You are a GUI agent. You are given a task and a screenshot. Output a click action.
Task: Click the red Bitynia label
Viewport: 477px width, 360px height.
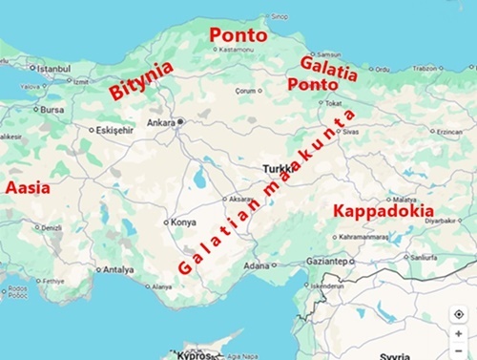point(141,81)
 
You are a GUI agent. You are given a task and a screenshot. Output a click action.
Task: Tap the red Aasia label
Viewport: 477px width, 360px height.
point(28,188)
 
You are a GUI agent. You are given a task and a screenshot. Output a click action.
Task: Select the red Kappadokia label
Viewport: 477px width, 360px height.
point(382,211)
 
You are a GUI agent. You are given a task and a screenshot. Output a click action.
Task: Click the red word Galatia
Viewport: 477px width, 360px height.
point(328,69)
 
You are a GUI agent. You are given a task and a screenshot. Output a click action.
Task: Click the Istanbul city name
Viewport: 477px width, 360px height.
point(53,69)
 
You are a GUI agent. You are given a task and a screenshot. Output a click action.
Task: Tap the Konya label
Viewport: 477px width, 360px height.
point(182,222)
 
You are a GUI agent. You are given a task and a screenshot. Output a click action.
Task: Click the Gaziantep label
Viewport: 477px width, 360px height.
point(328,259)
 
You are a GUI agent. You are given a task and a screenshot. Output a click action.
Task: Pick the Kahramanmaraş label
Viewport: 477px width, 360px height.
point(360,234)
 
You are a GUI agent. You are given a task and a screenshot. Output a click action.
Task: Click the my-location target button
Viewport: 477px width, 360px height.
point(459,314)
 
